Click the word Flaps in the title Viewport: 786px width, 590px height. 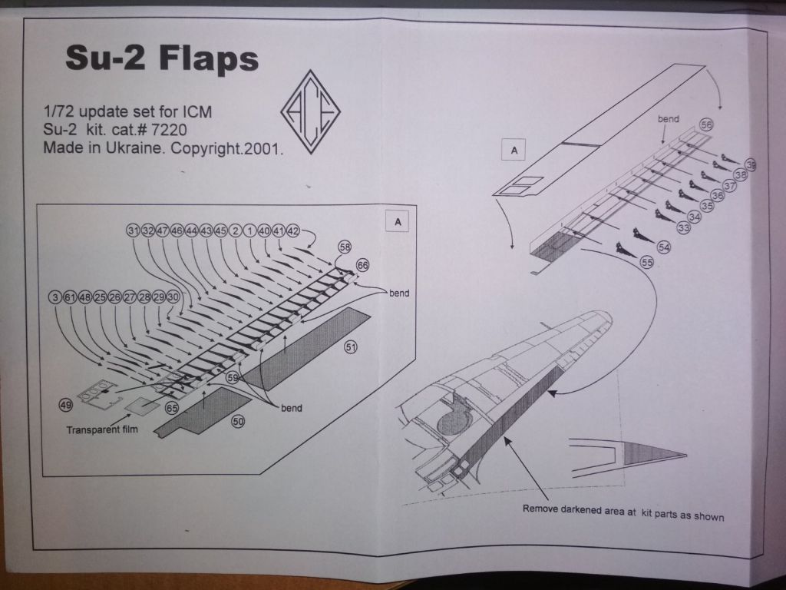(x=208, y=58)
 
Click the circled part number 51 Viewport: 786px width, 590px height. (x=351, y=348)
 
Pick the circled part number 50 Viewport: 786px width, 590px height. (x=238, y=422)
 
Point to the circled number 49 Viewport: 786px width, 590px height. (x=66, y=403)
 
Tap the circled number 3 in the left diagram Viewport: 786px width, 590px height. (x=54, y=298)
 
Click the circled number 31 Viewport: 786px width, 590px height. (x=132, y=230)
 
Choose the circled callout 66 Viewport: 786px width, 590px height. (x=362, y=265)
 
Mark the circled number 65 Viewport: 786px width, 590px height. (x=172, y=408)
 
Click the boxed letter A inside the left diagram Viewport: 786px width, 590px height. (x=397, y=221)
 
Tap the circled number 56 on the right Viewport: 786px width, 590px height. (x=705, y=125)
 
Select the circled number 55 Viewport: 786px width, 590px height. (x=646, y=262)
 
